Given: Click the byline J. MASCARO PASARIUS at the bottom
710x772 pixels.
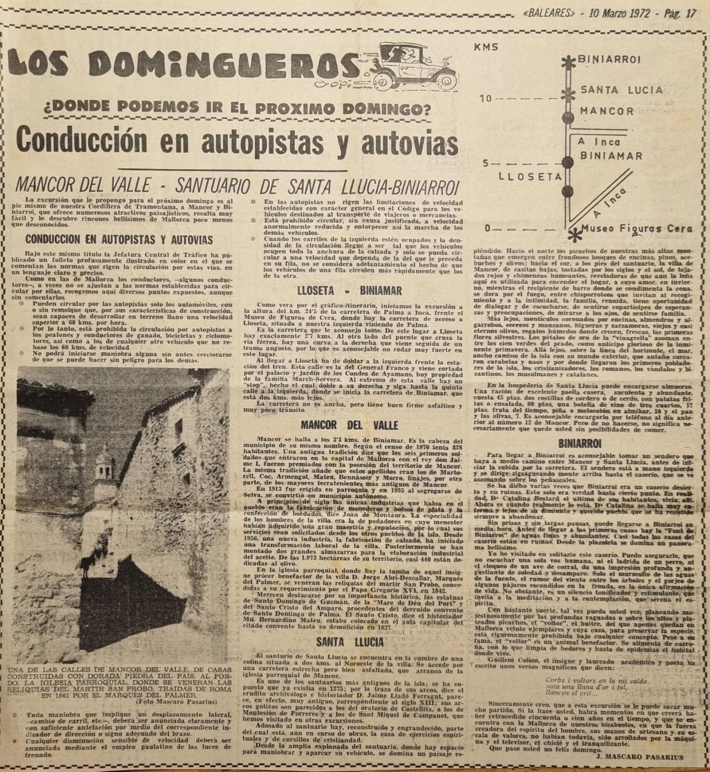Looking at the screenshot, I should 638,757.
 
